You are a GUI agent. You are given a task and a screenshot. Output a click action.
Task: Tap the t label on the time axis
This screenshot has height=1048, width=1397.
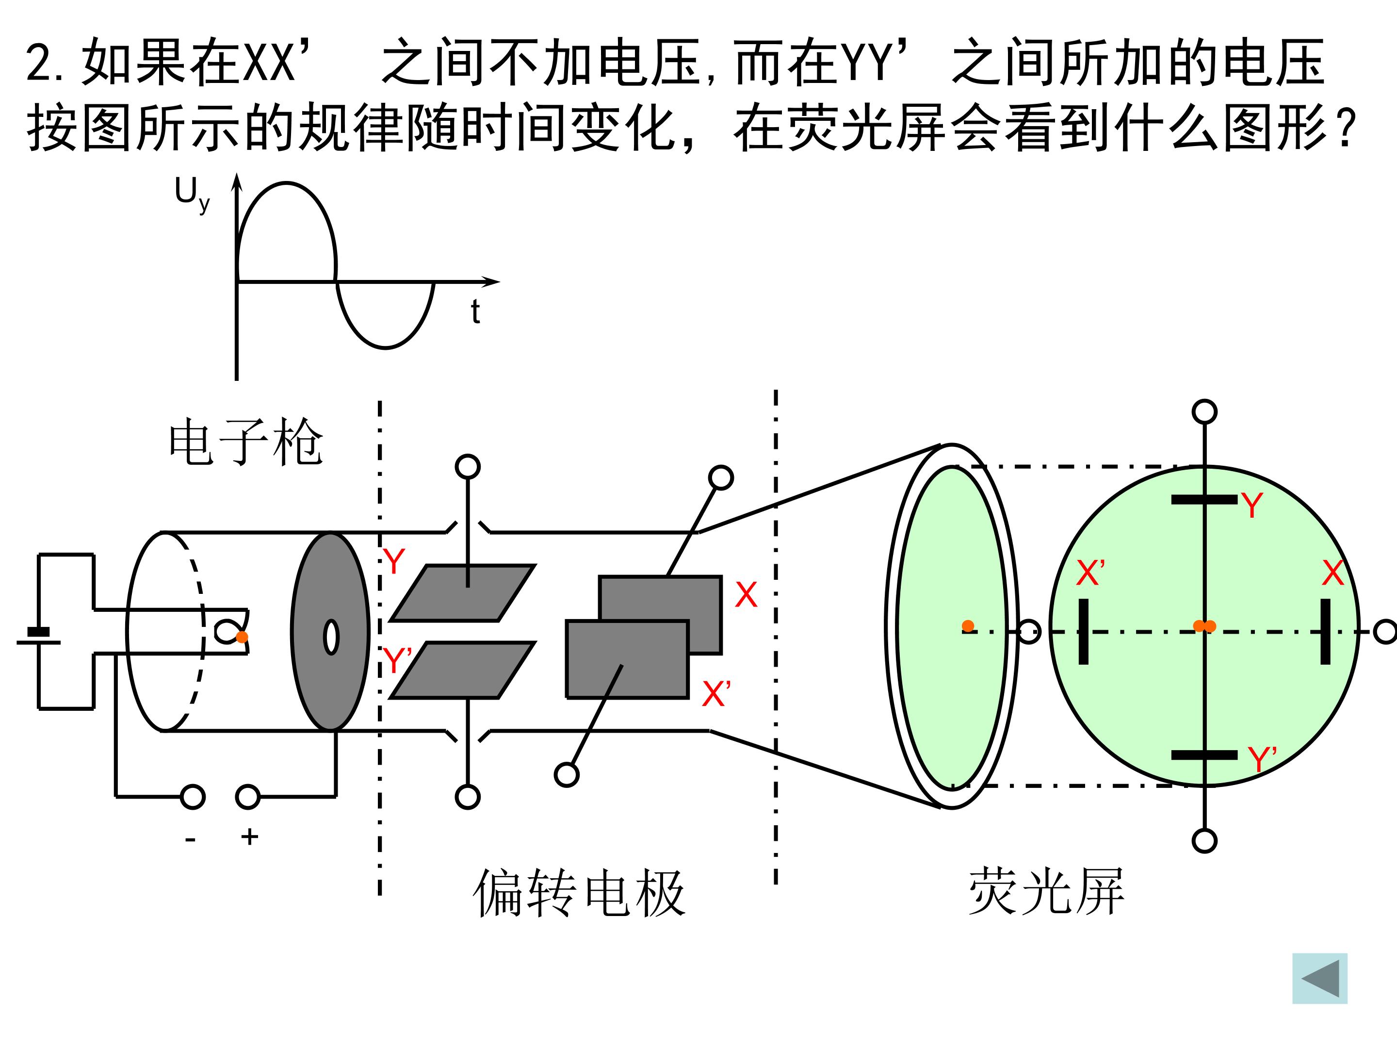point(475,312)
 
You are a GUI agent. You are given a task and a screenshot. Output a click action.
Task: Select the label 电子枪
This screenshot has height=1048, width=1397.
point(246,442)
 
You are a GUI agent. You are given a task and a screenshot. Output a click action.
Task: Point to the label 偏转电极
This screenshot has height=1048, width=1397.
point(579,893)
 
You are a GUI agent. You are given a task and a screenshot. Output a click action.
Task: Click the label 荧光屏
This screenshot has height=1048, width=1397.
point(1046,891)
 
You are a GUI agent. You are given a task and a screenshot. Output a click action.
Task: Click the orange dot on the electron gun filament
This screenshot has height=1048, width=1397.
point(242,637)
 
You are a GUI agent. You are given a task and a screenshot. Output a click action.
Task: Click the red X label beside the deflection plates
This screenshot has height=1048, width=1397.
point(746,594)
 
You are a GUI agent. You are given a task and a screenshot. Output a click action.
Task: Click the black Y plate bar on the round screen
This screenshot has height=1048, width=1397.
point(1204,500)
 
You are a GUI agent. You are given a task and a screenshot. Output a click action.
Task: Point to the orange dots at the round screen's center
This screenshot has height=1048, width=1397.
point(1204,626)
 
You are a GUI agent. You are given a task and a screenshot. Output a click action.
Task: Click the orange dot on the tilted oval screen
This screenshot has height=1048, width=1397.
point(968,626)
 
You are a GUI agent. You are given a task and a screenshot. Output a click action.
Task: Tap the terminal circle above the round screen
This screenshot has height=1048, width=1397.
point(1204,412)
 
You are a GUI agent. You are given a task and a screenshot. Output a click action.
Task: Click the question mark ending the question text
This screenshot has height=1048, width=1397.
point(1347,128)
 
